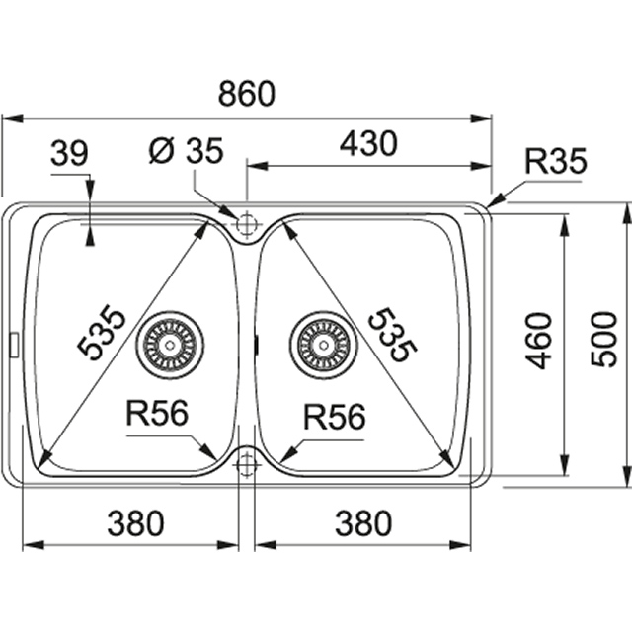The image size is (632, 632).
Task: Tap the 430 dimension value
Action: tap(367, 144)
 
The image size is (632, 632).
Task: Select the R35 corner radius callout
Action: tap(555, 161)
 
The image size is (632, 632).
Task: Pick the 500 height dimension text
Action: tap(603, 339)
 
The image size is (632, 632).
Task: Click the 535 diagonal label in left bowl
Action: tap(104, 333)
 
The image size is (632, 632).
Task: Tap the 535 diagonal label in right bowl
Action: tap(392, 333)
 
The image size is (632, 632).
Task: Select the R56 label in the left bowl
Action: tap(156, 415)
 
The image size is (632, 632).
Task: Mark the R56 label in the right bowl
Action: tap(334, 417)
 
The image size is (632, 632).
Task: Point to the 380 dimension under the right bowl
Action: tap(362, 523)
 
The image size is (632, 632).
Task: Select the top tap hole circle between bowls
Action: tap(246, 224)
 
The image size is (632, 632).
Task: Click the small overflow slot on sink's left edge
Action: tap(13, 344)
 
